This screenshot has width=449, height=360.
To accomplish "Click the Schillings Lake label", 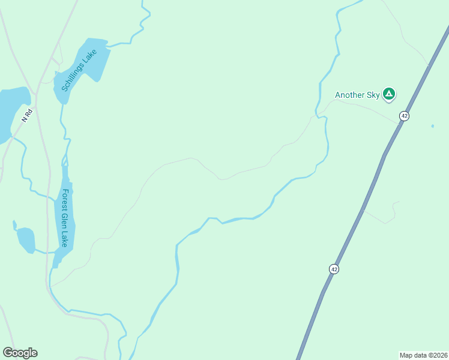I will [x=79, y=70].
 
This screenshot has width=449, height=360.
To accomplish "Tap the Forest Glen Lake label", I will [x=65, y=218].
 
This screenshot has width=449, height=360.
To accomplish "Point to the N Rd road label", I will [x=26, y=116].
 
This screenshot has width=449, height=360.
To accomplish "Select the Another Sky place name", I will [x=357, y=95].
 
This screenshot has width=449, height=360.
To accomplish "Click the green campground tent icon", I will [x=389, y=94].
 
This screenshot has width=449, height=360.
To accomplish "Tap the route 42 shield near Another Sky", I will [x=405, y=116].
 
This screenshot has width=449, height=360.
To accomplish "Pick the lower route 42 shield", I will [x=334, y=269].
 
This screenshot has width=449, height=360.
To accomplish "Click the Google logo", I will [x=20, y=353].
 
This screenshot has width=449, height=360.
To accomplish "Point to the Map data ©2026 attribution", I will [x=423, y=355].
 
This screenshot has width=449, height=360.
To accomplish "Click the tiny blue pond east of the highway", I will [x=432, y=126].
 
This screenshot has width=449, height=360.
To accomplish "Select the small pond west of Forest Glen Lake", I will [x=26, y=239].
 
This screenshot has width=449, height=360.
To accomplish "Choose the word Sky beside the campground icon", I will [x=373, y=95].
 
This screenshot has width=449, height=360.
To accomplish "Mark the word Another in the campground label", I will [x=349, y=95].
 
